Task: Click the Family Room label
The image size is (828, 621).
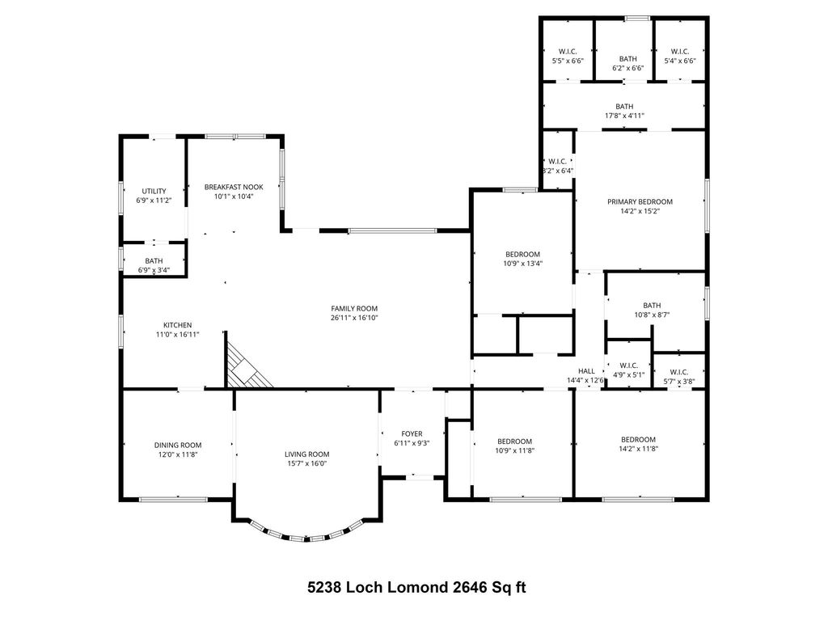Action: [x=354, y=308]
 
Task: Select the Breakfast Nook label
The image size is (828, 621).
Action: [x=234, y=187]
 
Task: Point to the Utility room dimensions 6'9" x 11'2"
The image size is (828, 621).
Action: [x=154, y=201]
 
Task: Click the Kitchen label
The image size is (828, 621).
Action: [x=177, y=325]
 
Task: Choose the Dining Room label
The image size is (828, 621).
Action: [x=178, y=446]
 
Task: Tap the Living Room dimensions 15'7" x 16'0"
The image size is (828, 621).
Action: [x=306, y=463]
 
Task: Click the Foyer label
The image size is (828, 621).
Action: [x=412, y=434]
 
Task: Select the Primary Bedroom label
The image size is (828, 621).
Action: [x=640, y=201]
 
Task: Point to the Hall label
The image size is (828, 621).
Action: [x=586, y=371]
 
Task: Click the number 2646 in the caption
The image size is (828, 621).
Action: [x=470, y=587]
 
